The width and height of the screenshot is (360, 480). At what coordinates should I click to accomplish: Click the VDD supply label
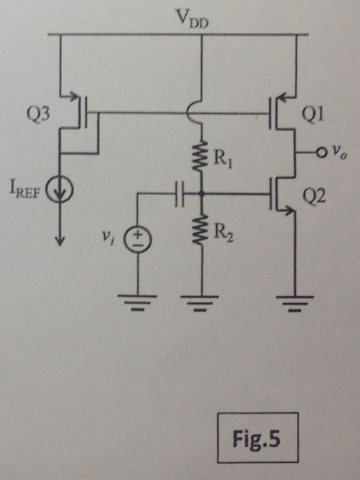[191, 19]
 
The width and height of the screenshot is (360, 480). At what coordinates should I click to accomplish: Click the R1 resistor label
[222, 160]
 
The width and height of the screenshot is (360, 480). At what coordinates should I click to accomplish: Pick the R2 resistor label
[223, 233]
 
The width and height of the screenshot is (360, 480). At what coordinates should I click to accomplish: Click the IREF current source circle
[59, 190]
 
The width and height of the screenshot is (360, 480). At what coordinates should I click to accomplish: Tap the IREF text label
[25, 191]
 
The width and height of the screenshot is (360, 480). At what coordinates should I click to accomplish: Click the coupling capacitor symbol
[180, 194]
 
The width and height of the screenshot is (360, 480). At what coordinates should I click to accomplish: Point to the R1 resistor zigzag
[201, 156]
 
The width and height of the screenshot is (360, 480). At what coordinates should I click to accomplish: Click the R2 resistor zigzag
[201, 229]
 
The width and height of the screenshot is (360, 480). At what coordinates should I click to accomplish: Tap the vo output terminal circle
[320, 153]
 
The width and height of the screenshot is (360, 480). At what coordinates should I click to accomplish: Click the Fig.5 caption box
[258, 437]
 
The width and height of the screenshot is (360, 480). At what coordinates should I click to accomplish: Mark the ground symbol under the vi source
[137, 303]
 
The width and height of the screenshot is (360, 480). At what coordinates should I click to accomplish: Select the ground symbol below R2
[201, 303]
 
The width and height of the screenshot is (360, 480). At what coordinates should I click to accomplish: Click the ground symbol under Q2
[295, 303]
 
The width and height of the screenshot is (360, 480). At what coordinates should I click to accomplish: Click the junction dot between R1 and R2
[201, 194]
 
